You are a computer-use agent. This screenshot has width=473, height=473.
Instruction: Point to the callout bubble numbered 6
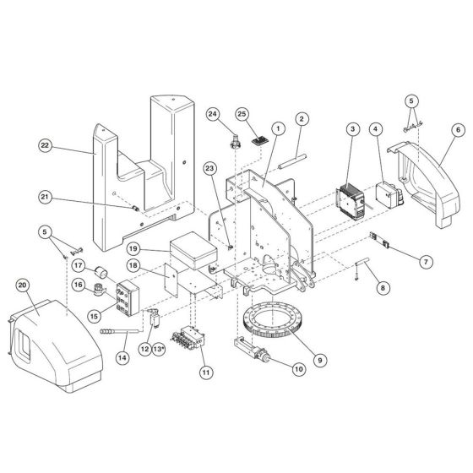tap(457, 130)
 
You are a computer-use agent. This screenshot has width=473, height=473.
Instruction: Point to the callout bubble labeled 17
tap(77, 265)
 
